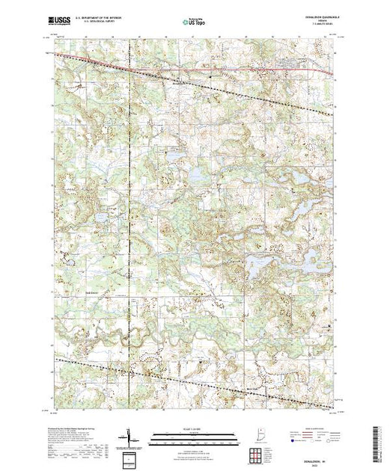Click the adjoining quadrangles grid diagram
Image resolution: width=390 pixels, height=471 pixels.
[x=256, y=455]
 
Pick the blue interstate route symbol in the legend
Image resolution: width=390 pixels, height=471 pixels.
[x=291, y=441]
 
